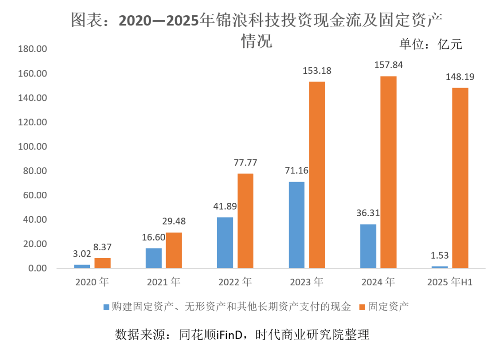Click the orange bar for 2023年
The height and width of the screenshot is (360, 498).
coord(317,175)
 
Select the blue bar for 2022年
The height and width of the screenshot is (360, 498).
coord(225,242)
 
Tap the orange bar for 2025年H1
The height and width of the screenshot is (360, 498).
coord(460,178)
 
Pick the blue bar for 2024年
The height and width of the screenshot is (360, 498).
coord(368,246)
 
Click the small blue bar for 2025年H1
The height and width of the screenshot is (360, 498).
coord(439,267)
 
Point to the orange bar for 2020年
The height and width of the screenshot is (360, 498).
coord(102,263)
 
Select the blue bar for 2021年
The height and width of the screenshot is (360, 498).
coord(154,258)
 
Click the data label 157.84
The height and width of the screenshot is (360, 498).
coord(388,65)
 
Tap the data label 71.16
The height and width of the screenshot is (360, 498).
coord(296,171)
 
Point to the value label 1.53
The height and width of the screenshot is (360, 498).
coord(439,255)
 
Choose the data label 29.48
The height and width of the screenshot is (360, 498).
coord(174,221)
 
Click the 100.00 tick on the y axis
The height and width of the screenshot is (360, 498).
coord(32,147)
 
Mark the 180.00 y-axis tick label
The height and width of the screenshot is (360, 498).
coord(32,49)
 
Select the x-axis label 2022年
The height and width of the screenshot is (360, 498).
coord(235,281)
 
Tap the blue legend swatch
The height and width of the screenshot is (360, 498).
coord(106,307)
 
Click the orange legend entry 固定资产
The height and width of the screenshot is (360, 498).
coord(389,307)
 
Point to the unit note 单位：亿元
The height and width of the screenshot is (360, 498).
coord(430,44)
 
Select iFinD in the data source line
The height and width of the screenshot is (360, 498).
coord(231,334)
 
